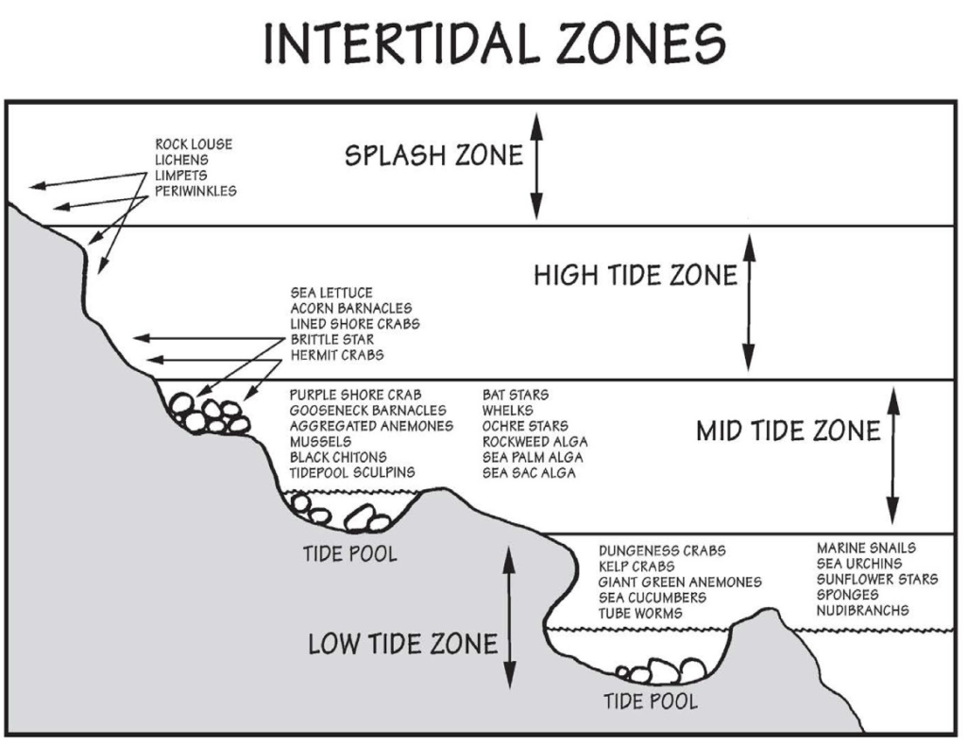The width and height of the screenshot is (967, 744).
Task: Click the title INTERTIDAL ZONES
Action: click(x=495, y=43)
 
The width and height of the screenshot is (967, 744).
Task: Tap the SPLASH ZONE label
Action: click(x=433, y=156)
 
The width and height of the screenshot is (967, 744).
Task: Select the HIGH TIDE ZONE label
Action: click(x=636, y=275)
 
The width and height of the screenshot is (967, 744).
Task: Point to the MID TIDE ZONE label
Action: click(x=789, y=431)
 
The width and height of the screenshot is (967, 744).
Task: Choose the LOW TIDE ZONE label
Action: click(x=402, y=644)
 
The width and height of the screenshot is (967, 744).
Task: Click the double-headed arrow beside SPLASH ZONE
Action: click(x=536, y=166)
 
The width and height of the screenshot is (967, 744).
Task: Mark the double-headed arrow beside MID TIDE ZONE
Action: click(x=892, y=456)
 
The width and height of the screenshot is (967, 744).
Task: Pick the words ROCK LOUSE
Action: click(x=194, y=144)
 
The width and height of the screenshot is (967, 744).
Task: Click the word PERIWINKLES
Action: click(x=195, y=191)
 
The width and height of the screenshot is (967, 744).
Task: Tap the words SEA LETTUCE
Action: click(x=331, y=293)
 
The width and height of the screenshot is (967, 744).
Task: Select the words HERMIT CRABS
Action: click(x=337, y=355)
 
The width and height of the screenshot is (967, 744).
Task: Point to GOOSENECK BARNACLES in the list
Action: click(x=367, y=411)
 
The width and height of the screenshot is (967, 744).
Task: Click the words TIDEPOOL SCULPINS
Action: click(x=352, y=473)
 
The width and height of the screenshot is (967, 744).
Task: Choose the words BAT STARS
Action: click(x=515, y=395)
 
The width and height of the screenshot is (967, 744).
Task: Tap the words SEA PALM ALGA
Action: click(x=533, y=457)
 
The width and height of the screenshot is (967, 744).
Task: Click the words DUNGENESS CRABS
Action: click(x=662, y=550)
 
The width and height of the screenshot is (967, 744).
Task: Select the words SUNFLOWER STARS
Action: click(x=877, y=580)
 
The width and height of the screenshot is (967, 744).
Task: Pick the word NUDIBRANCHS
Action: click(x=863, y=610)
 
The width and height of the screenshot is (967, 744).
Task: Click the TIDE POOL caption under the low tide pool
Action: click(x=650, y=702)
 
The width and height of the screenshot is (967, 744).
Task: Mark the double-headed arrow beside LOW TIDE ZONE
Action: click(x=509, y=617)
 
